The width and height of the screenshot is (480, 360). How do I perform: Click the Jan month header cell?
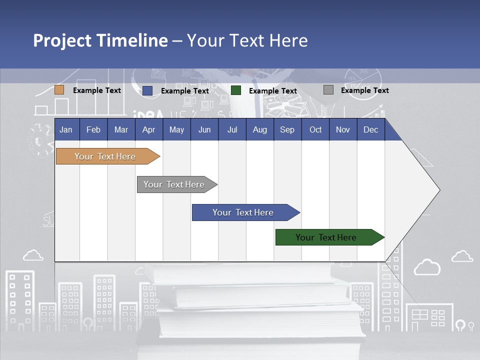click(x=66, y=129)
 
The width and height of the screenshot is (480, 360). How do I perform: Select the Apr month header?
click(x=148, y=129)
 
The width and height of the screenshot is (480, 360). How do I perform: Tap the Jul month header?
click(x=232, y=129)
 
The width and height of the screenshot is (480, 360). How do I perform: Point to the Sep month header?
click(x=287, y=129)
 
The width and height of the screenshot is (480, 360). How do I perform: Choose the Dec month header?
click(x=370, y=129)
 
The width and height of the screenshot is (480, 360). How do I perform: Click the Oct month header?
click(x=315, y=129)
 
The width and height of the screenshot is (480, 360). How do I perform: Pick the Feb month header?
click(x=93, y=129)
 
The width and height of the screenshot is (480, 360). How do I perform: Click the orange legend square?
click(x=59, y=90)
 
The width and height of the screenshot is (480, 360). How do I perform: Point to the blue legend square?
click(x=147, y=90)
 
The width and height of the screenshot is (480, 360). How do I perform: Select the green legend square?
click(x=236, y=90)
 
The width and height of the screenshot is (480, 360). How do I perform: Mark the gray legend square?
click(x=328, y=90)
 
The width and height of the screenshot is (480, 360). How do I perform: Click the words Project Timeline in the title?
click(x=100, y=40)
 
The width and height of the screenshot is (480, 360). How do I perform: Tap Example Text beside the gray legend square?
click(x=364, y=90)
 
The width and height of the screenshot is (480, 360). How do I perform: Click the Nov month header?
click(x=343, y=129)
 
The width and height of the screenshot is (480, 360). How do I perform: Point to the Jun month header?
click(x=204, y=129)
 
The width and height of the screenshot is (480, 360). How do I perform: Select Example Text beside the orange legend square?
click(x=97, y=90)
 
